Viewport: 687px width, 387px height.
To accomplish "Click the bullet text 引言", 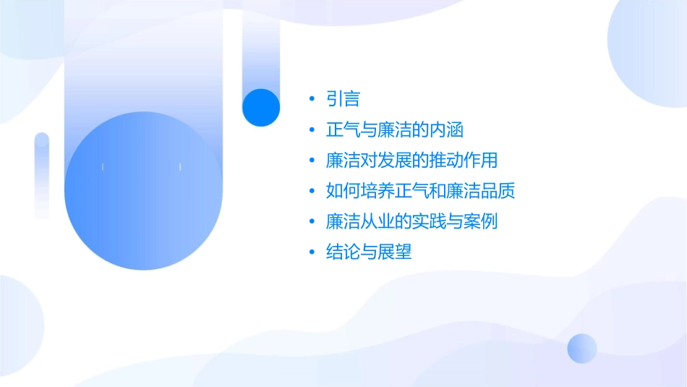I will coord(343,99).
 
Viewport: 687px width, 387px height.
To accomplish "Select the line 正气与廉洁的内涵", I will coord(394,130).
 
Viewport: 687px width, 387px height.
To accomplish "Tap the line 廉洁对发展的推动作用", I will coord(411,161).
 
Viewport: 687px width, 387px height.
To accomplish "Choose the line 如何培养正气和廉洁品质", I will coord(420,191).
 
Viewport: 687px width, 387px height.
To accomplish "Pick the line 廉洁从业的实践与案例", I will coord(411,221).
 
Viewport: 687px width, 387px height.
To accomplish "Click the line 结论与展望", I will coord(369,252).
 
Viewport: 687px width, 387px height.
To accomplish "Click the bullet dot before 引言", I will coord(312,100).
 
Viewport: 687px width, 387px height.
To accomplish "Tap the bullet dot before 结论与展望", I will coord(312,252).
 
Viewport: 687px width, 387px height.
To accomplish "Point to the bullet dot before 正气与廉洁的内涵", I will coord(312,130).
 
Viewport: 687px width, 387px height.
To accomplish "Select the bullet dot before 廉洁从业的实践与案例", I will coord(312,222).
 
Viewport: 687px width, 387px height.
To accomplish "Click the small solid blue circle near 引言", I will coord(261,107).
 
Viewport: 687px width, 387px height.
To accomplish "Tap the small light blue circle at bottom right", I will coord(582,348).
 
